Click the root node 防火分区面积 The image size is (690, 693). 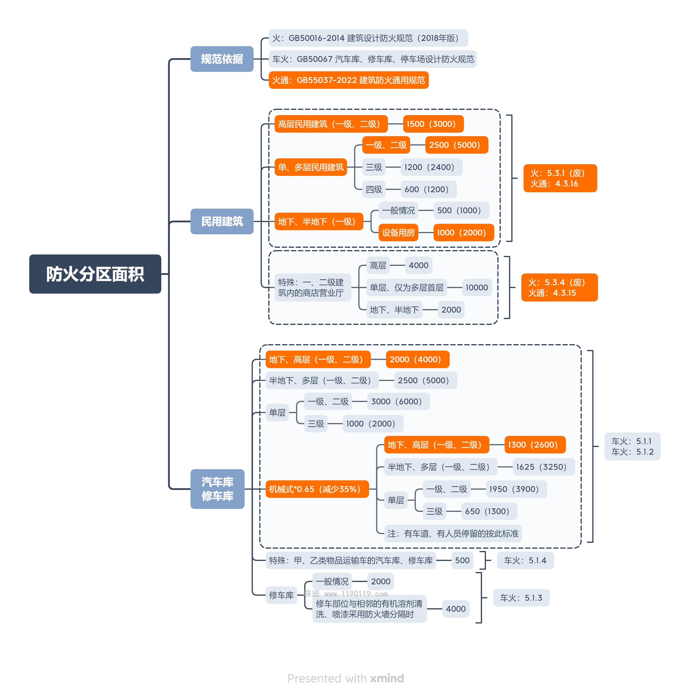pos(95,274)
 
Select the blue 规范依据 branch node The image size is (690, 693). pos(222,59)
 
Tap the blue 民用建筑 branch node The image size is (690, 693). pos(222,221)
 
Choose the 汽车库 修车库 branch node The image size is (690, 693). pos(217,489)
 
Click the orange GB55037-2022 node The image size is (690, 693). pos(349,80)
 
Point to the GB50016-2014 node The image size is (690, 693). pos(368,38)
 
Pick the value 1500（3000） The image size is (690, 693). pos(433,124)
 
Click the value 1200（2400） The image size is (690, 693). pos(431,167)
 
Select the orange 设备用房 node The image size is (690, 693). pos(398,233)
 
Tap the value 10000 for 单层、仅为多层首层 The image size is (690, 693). pos(477,287)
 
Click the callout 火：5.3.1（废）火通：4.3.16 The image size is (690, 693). pos(560,178)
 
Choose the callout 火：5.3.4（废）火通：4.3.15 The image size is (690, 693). pos(559,287)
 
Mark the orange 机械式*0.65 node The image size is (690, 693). pos(317,489)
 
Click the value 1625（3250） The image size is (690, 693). pos(544,467)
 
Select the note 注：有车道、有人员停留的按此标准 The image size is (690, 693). pos(453,533)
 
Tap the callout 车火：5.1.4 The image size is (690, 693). pos(526,560)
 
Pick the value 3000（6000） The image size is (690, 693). pos(399,401)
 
